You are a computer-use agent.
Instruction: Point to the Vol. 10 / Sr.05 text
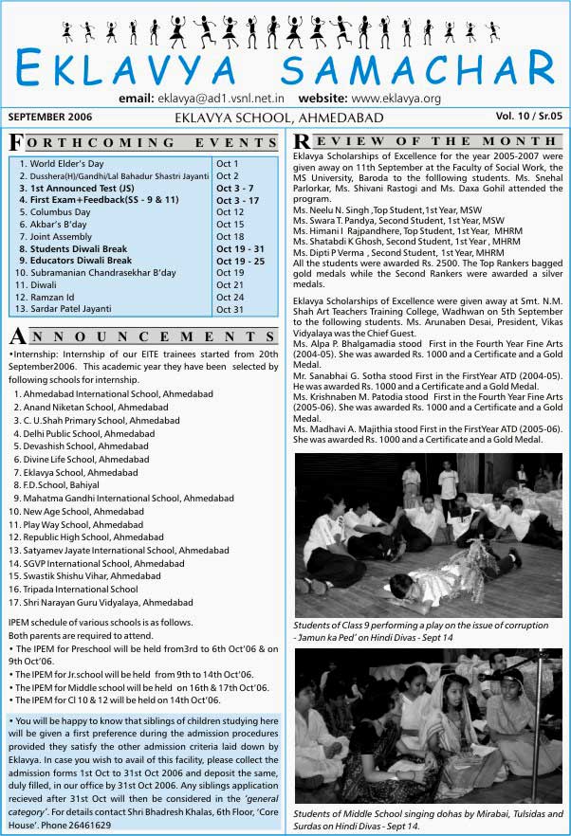click(x=528, y=116)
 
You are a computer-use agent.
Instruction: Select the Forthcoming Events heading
click(x=143, y=143)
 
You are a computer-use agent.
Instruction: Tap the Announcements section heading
click(x=143, y=337)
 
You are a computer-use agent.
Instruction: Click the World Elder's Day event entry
click(x=67, y=163)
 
